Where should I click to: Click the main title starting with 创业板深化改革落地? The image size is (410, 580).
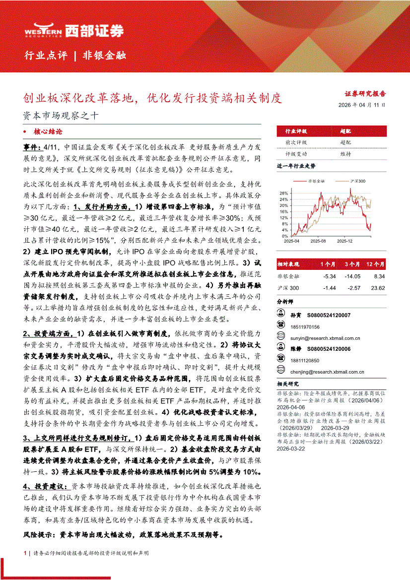point(153,98)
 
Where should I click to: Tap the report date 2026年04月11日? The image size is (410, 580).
point(362,105)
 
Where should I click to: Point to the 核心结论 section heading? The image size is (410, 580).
point(48,132)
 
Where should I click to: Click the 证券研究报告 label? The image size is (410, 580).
point(365,93)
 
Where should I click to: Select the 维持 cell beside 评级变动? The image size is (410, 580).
point(345,154)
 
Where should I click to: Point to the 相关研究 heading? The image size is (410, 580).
point(288,384)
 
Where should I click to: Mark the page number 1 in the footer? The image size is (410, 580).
point(25,553)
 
